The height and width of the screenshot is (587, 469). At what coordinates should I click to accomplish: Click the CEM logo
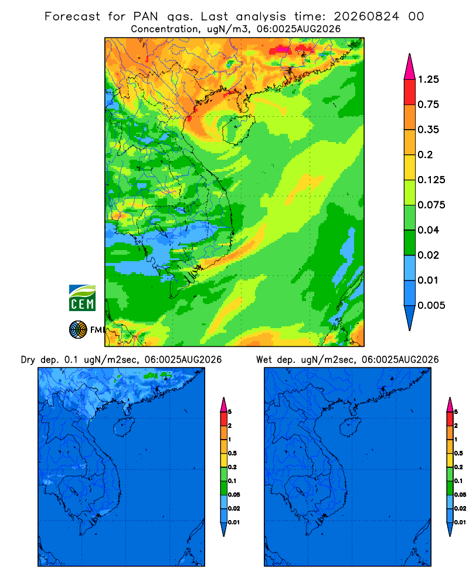82,298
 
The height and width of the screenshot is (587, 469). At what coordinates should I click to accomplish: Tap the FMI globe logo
78,329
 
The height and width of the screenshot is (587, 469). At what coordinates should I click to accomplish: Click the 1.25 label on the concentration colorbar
428,79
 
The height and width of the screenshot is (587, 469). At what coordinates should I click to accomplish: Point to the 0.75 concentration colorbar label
428,104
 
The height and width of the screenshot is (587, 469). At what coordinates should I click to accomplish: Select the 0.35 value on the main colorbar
428,130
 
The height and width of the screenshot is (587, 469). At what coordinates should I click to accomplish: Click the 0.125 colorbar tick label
431,180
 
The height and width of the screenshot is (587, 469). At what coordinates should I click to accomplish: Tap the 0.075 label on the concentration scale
431,205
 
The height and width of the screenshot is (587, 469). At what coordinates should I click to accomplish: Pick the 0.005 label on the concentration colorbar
431,305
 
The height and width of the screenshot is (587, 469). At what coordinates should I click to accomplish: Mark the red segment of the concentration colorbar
410,92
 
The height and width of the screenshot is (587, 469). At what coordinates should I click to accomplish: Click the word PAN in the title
146,16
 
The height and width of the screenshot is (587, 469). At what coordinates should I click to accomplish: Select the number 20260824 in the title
366,16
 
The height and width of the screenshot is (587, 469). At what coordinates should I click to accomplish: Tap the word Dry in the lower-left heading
28,360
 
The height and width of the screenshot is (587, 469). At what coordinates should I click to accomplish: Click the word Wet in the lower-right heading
264,360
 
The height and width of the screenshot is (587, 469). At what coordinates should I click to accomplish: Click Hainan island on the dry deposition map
124,427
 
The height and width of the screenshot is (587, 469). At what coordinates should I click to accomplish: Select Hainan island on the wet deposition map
351,427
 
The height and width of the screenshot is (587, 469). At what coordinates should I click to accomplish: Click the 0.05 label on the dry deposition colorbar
234,494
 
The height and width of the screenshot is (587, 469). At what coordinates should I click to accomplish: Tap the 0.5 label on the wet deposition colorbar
458,453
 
